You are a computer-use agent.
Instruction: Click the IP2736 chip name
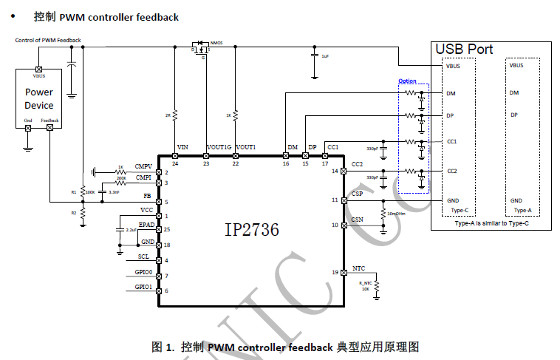pos(252,230)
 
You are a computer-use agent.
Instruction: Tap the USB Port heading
pos(464,49)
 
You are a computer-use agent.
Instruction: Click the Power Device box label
pos(39,99)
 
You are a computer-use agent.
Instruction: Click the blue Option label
pos(407,81)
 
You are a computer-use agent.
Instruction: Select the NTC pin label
pos(358,268)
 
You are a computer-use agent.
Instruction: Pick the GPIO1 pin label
pos(143,286)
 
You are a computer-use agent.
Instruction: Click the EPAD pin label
pos(146,224)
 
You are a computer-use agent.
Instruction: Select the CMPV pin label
pos(143,166)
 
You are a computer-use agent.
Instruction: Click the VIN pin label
pos(183,147)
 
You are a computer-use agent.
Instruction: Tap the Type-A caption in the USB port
pos(522,211)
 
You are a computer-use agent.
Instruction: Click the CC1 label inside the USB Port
pos(452,140)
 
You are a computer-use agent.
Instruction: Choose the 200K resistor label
pos(121,178)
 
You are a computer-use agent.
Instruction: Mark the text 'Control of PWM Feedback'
pos(48,40)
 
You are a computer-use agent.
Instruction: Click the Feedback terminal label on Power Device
pos(49,120)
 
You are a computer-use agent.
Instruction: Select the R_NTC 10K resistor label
pos(364,287)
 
